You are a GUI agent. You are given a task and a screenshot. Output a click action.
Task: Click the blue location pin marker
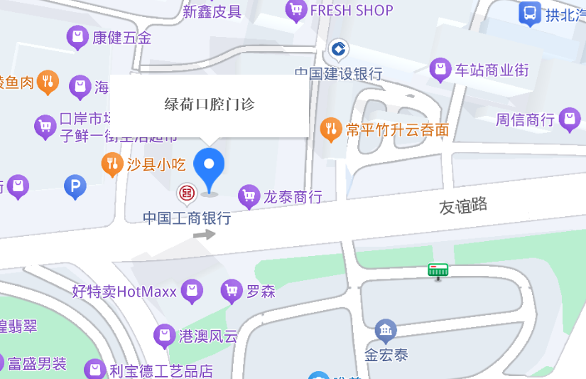point(209,167)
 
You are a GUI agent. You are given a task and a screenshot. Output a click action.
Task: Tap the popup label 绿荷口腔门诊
point(210,105)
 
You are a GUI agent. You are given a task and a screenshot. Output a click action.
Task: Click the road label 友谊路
point(463,206)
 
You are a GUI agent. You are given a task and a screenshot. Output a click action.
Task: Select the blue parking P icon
point(75,187)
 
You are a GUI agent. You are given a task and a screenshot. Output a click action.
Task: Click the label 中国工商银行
point(187,218)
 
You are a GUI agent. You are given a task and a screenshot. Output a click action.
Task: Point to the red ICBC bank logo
point(187,193)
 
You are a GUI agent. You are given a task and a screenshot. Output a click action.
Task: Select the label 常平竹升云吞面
point(397,129)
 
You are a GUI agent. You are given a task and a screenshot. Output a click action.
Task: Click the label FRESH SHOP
point(352,11)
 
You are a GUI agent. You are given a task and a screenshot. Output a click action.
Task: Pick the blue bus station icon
point(529,14)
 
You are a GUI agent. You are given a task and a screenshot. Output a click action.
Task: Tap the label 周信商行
point(525,119)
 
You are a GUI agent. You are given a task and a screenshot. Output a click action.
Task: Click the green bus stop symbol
point(438,270)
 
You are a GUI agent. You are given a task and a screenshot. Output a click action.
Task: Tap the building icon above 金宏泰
point(386,330)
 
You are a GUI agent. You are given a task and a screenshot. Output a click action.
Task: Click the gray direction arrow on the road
point(205,234)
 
